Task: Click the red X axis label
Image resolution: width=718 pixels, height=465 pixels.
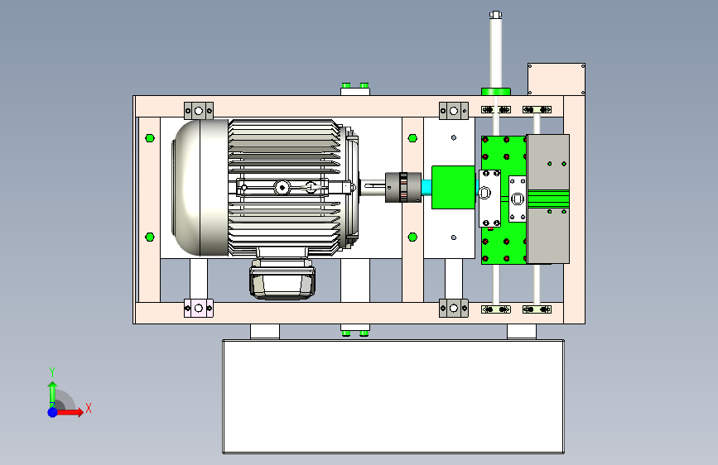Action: click(89, 408)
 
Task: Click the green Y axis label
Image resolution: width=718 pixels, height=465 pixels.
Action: click(52, 372)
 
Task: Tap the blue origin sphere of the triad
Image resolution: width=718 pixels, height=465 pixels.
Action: click(53, 412)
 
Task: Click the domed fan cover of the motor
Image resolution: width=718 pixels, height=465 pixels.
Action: click(200, 188)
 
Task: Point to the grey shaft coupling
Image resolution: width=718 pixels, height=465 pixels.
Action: click(403, 187)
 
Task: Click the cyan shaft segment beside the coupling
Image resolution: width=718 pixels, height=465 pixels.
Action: click(426, 188)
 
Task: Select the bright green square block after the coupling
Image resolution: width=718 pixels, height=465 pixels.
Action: click(453, 188)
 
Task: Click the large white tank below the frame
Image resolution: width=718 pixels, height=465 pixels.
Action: click(393, 396)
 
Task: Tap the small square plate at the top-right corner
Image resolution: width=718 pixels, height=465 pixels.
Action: click(557, 79)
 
